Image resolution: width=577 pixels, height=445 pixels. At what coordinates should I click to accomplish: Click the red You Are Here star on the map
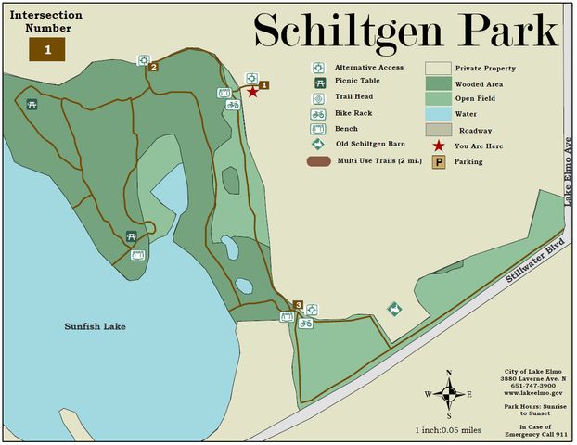[x=252, y=92]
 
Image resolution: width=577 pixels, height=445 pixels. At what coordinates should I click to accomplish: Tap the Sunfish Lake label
[x=95, y=326]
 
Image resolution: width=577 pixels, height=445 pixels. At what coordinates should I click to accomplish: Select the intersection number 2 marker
[x=154, y=66]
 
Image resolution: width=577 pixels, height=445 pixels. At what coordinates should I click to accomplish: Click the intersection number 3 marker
[x=298, y=305]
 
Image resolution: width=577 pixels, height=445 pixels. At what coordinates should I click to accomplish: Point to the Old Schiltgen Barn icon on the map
[x=393, y=308]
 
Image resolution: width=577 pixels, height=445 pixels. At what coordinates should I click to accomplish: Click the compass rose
[x=450, y=393]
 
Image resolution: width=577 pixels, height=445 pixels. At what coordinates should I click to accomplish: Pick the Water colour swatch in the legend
[x=438, y=113]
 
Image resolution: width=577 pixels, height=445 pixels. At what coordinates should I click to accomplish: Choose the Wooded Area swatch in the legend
[x=438, y=83]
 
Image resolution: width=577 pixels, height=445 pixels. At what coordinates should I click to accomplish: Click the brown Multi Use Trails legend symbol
[x=318, y=161]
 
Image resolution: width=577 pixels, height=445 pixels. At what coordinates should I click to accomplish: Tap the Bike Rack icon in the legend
[x=317, y=114]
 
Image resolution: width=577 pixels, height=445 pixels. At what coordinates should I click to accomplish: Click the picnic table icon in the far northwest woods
[x=32, y=104]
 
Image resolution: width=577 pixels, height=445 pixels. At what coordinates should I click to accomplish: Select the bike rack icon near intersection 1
[x=233, y=104]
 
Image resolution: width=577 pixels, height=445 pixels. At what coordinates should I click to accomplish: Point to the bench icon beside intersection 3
[x=287, y=317]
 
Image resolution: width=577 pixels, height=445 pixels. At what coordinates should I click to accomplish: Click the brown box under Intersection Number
[x=47, y=49]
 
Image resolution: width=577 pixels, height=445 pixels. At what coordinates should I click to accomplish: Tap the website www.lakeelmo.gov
[x=533, y=393]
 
